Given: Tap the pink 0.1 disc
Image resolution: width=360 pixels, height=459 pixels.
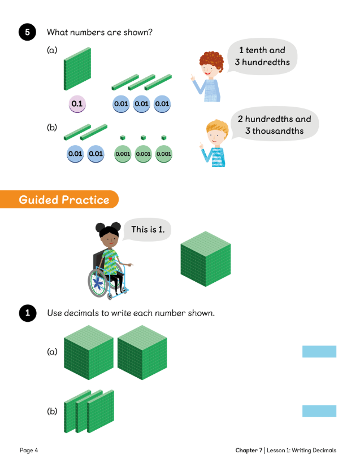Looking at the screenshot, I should [x=77, y=104].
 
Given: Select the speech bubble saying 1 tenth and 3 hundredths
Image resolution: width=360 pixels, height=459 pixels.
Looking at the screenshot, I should [x=262, y=56].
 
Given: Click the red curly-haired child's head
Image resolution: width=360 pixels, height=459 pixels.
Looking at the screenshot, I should [x=210, y=63].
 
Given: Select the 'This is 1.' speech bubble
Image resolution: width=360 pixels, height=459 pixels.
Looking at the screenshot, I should [x=151, y=230].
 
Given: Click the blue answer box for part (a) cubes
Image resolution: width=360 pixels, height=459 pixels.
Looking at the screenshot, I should [x=319, y=352].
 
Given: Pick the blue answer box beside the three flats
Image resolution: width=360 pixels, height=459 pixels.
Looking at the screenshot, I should [x=319, y=411].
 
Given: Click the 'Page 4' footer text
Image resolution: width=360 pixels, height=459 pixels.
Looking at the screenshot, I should [x=29, y=450].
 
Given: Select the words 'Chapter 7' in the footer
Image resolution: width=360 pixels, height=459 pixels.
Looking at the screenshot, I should [x=249, y=450].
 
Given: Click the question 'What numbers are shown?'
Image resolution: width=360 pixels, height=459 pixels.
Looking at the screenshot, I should [x=99, y=32].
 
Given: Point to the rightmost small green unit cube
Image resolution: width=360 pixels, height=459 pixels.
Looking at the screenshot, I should [x=163, y=137].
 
